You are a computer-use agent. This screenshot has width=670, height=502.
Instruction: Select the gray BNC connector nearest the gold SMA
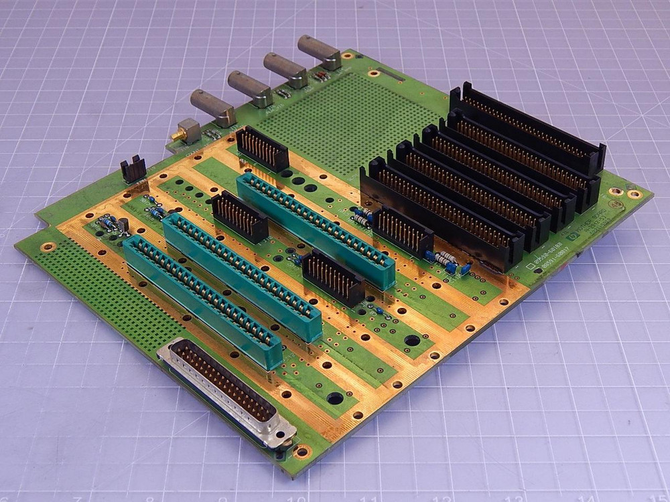(212, 108)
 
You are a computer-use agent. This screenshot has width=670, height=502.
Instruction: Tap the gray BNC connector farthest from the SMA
(319, 52)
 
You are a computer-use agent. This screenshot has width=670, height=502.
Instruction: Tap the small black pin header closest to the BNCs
(263, 149)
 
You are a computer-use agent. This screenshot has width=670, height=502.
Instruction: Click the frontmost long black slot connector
(442, 214)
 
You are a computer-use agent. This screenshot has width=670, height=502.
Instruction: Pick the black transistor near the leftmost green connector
(123, 226)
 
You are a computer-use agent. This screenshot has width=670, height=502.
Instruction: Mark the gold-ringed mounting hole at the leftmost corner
(47, 247)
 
